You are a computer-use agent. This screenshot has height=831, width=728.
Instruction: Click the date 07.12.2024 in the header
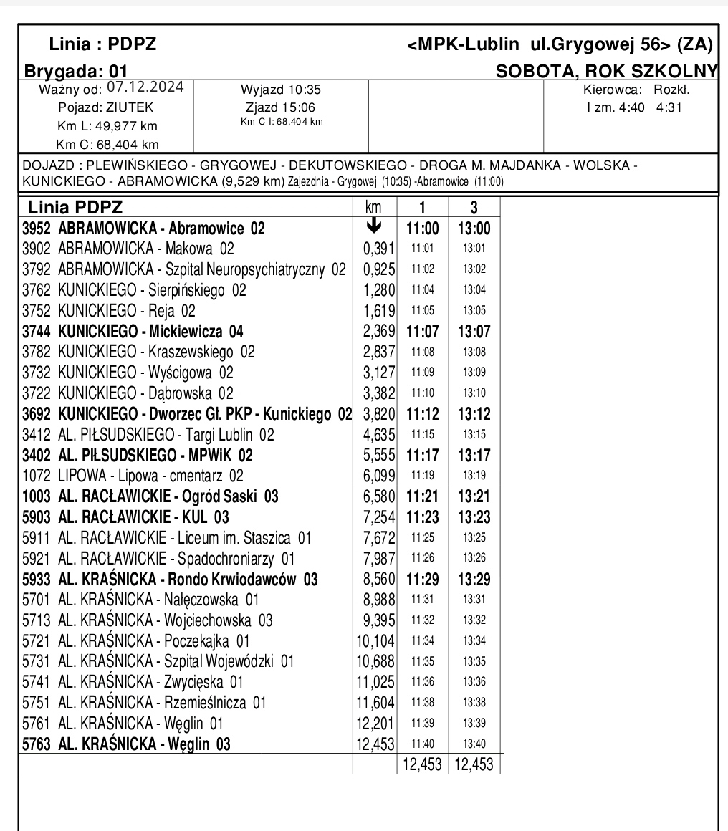click(x=145, y=87)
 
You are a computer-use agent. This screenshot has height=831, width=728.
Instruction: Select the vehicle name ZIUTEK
click(x=130, y=108)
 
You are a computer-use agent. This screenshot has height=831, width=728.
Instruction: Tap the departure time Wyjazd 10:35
click(x=282, y=90)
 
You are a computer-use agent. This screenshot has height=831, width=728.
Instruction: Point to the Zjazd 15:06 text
click(x=282, y=107)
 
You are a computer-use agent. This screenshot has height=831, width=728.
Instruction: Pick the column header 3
click(x=474, y=208)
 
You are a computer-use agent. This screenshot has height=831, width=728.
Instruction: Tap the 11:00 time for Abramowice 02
click(x=422, y=229)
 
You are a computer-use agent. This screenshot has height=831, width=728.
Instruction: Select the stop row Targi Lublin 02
click(x=148, y=434)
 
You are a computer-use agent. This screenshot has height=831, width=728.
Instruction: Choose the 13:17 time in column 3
click(x=474, y=455)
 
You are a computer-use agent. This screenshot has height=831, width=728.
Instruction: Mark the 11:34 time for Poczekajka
click(x=422, y=640)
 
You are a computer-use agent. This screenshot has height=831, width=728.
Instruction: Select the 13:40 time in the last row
click(x=474, y=744)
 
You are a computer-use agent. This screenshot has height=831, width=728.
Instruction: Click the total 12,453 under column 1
click(x=422, y=764)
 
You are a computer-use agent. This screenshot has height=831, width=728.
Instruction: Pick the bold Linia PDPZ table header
click(x=75, y=208)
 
